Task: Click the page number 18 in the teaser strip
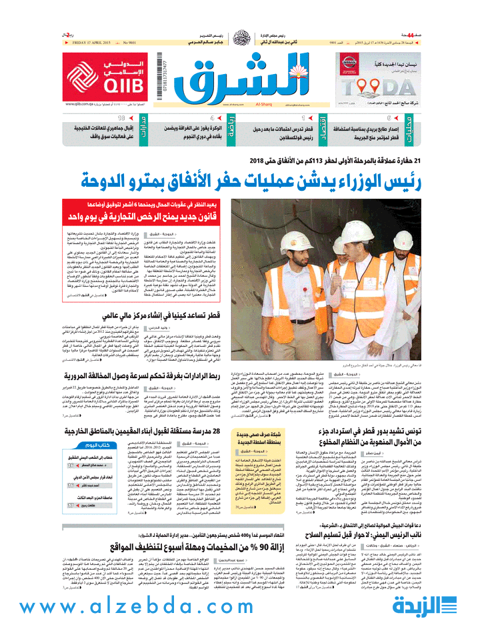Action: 122,117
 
